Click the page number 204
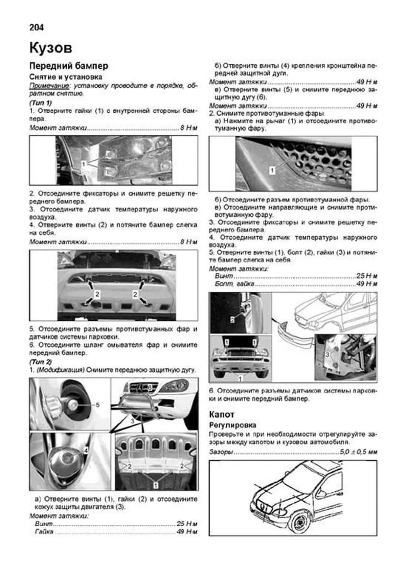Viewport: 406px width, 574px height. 37,27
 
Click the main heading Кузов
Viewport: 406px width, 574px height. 51,48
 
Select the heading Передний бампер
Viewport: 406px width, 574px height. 69,66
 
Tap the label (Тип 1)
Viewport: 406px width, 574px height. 40,102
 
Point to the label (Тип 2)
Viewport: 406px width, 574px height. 40,362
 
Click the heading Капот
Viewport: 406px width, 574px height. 221,414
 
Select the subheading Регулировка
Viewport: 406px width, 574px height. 232,425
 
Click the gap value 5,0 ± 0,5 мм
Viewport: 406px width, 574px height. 358,452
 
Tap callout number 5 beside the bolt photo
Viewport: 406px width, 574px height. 97,405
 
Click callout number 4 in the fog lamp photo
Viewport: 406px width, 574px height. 86,450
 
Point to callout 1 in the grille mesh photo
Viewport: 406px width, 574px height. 272,170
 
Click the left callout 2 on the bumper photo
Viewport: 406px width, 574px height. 97,294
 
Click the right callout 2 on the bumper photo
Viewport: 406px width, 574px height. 135,294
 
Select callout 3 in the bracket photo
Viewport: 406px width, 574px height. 327,355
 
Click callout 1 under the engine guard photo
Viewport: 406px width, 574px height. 156,485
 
